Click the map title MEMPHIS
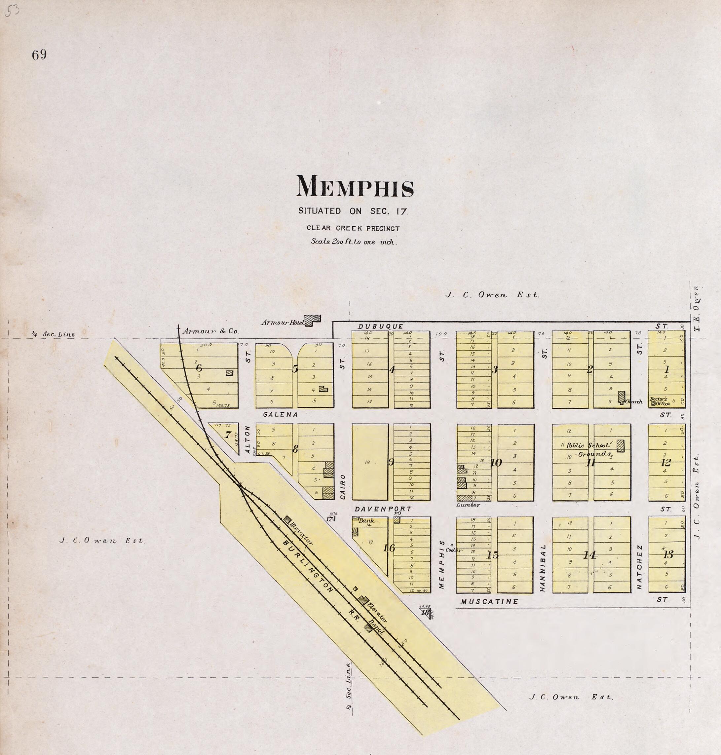[355, 187]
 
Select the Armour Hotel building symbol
[312, 320]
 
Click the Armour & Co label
[210, 330]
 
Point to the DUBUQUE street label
[381, 327]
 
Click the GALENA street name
[280, 414]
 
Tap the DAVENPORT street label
[382, 509]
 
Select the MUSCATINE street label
[490, 601]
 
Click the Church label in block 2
[634, 402]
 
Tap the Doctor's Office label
[660, 401]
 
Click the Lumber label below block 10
[468, 505]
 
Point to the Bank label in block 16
[366, 521]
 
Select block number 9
[391, 462]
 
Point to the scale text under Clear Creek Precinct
[353, 242]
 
